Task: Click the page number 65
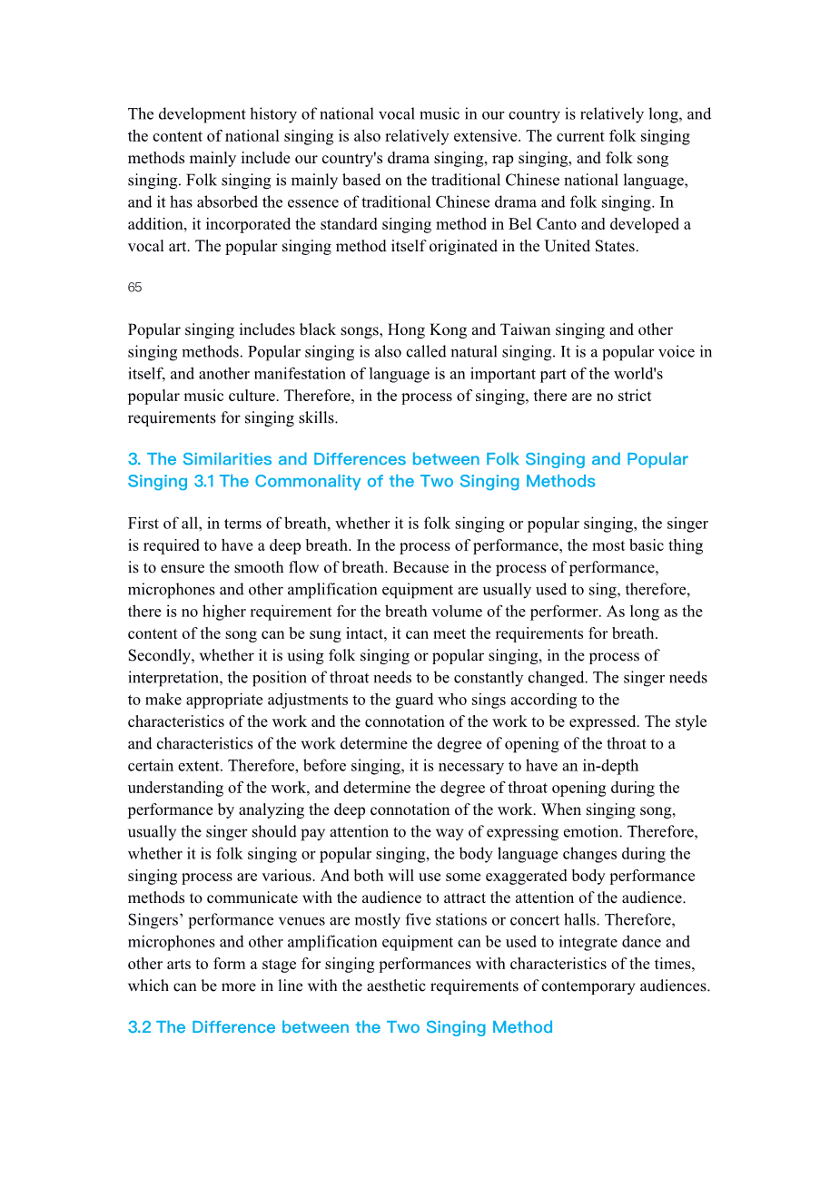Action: pyautogui.click(x=134, y=288)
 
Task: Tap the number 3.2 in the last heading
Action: pyautogui.click(x=139, y=1027)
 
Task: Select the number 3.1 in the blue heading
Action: pyautogui.click(x=204, y=481)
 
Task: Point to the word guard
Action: pyautogui.click(x=412, y=700)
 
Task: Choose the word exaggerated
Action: pyautogui.click(x=524, y=876)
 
